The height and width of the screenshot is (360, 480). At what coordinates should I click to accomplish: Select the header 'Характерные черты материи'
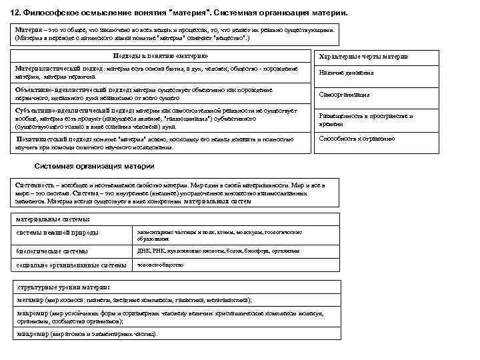364,57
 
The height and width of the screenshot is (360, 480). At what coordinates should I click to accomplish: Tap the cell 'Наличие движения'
347,73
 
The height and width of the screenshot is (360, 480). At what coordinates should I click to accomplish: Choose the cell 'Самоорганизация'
345,95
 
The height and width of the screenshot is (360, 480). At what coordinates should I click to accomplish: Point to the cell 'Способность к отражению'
357,139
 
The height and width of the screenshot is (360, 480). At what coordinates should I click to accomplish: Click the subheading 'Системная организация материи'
94,165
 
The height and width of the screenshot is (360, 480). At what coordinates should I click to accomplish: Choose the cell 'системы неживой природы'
57,233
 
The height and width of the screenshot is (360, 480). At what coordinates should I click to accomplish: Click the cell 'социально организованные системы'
71,265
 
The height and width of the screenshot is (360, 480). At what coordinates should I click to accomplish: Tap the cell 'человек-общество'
160,264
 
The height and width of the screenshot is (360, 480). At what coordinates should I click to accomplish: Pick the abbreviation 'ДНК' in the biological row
144,251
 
